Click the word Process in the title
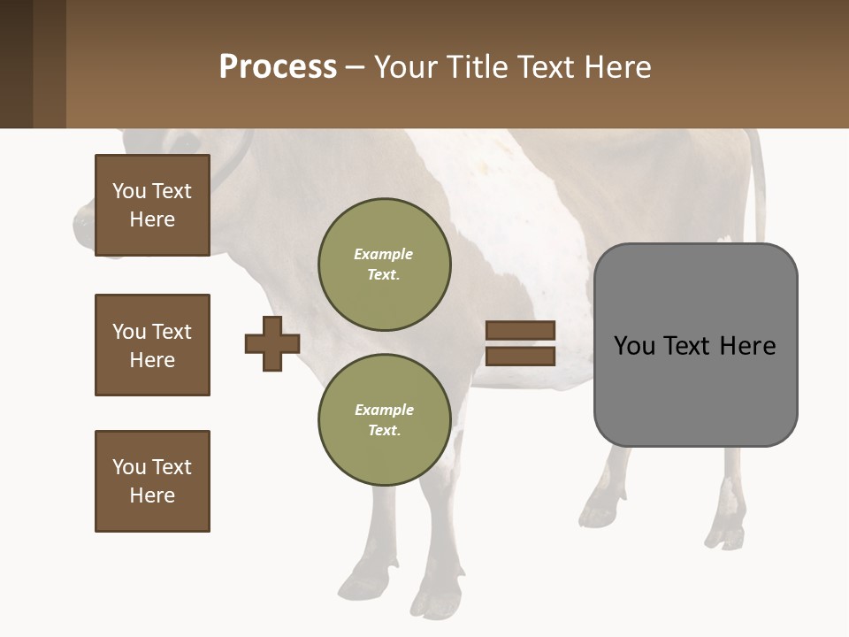278,67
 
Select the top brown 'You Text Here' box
152,205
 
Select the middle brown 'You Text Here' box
152,345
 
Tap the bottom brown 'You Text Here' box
152,481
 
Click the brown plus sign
272,343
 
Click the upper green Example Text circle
385,265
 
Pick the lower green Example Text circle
385,420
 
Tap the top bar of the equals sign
521,330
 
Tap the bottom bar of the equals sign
521,357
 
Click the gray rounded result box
695,389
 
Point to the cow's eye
187,142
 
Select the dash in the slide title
355,68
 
